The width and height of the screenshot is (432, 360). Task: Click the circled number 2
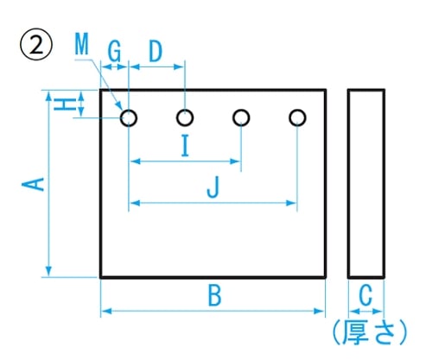(36, 44)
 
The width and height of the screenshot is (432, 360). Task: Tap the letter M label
(82, 44)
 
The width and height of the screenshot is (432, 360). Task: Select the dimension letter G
(114, 51)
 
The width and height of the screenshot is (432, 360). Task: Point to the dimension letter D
(156, 51)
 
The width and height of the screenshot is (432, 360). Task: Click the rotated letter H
(65, 104)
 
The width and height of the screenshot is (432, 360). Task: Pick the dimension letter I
(186, 146)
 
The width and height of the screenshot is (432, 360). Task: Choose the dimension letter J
(213, 187)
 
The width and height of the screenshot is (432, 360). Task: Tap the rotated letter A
(33, 185)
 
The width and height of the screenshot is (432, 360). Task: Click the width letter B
(215, 295)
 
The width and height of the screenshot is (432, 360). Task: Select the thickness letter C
(365, 295)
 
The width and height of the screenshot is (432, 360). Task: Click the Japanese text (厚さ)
(370, 332)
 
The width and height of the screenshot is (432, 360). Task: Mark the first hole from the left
(129, 118)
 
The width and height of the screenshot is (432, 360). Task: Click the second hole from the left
(185, 117)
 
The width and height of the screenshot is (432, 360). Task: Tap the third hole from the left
(241, 117)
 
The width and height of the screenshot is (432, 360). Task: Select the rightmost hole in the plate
(297, 117)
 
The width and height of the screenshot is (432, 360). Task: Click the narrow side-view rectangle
(348, 184)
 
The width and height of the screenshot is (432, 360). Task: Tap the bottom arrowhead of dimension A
(49, 271)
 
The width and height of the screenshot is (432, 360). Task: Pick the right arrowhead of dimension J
(291, 203)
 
